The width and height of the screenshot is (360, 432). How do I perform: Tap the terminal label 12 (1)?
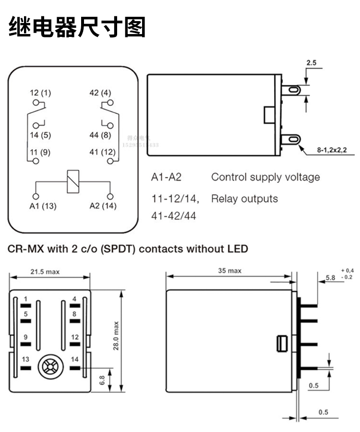click(40, 93)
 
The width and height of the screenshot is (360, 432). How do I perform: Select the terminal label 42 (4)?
click(100, 93)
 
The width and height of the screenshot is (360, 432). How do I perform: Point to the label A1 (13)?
click(43, 206)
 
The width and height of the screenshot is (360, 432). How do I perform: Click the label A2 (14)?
click(103, 206)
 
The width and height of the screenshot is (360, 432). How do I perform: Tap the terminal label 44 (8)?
click(100, 135)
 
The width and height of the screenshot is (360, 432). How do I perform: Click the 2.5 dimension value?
click(311, 63)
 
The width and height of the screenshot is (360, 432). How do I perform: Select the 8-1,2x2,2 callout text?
click(335, 151)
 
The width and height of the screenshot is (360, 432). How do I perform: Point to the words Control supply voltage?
click(265, 177)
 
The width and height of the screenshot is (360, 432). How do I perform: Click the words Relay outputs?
click(244, 198)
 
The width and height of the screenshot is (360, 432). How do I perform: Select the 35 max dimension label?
click(229, 271)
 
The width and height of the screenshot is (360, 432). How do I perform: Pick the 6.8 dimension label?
click(102, 380)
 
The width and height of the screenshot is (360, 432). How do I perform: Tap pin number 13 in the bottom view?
click(25, 360)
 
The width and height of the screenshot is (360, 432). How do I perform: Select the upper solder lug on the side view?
click(291, 90)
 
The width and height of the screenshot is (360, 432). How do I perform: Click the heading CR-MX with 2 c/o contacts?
click(128, 248)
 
